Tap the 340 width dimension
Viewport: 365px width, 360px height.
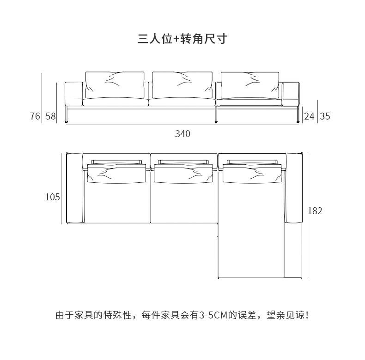[x=182, y=134]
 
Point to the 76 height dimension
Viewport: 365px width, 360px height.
[x=35, y=116]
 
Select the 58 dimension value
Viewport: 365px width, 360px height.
[x=50, y=116]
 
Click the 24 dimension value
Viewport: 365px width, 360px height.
[x=309, y=116]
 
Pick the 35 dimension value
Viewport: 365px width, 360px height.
[x=325, y=116]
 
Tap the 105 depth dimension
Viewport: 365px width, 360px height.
[x=53, y=197]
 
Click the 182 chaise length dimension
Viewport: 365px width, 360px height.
[x=315, y=211]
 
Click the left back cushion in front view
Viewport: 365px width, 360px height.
[x=115, y=84]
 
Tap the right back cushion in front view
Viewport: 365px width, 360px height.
[x=250, y=84]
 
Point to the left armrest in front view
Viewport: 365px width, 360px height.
[x=73, y=94]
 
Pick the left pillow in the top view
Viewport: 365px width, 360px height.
[x=117, y=174]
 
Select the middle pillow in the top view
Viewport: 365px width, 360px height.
[x=184, y=174]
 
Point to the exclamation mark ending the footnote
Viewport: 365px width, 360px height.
[x=307, y=316]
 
